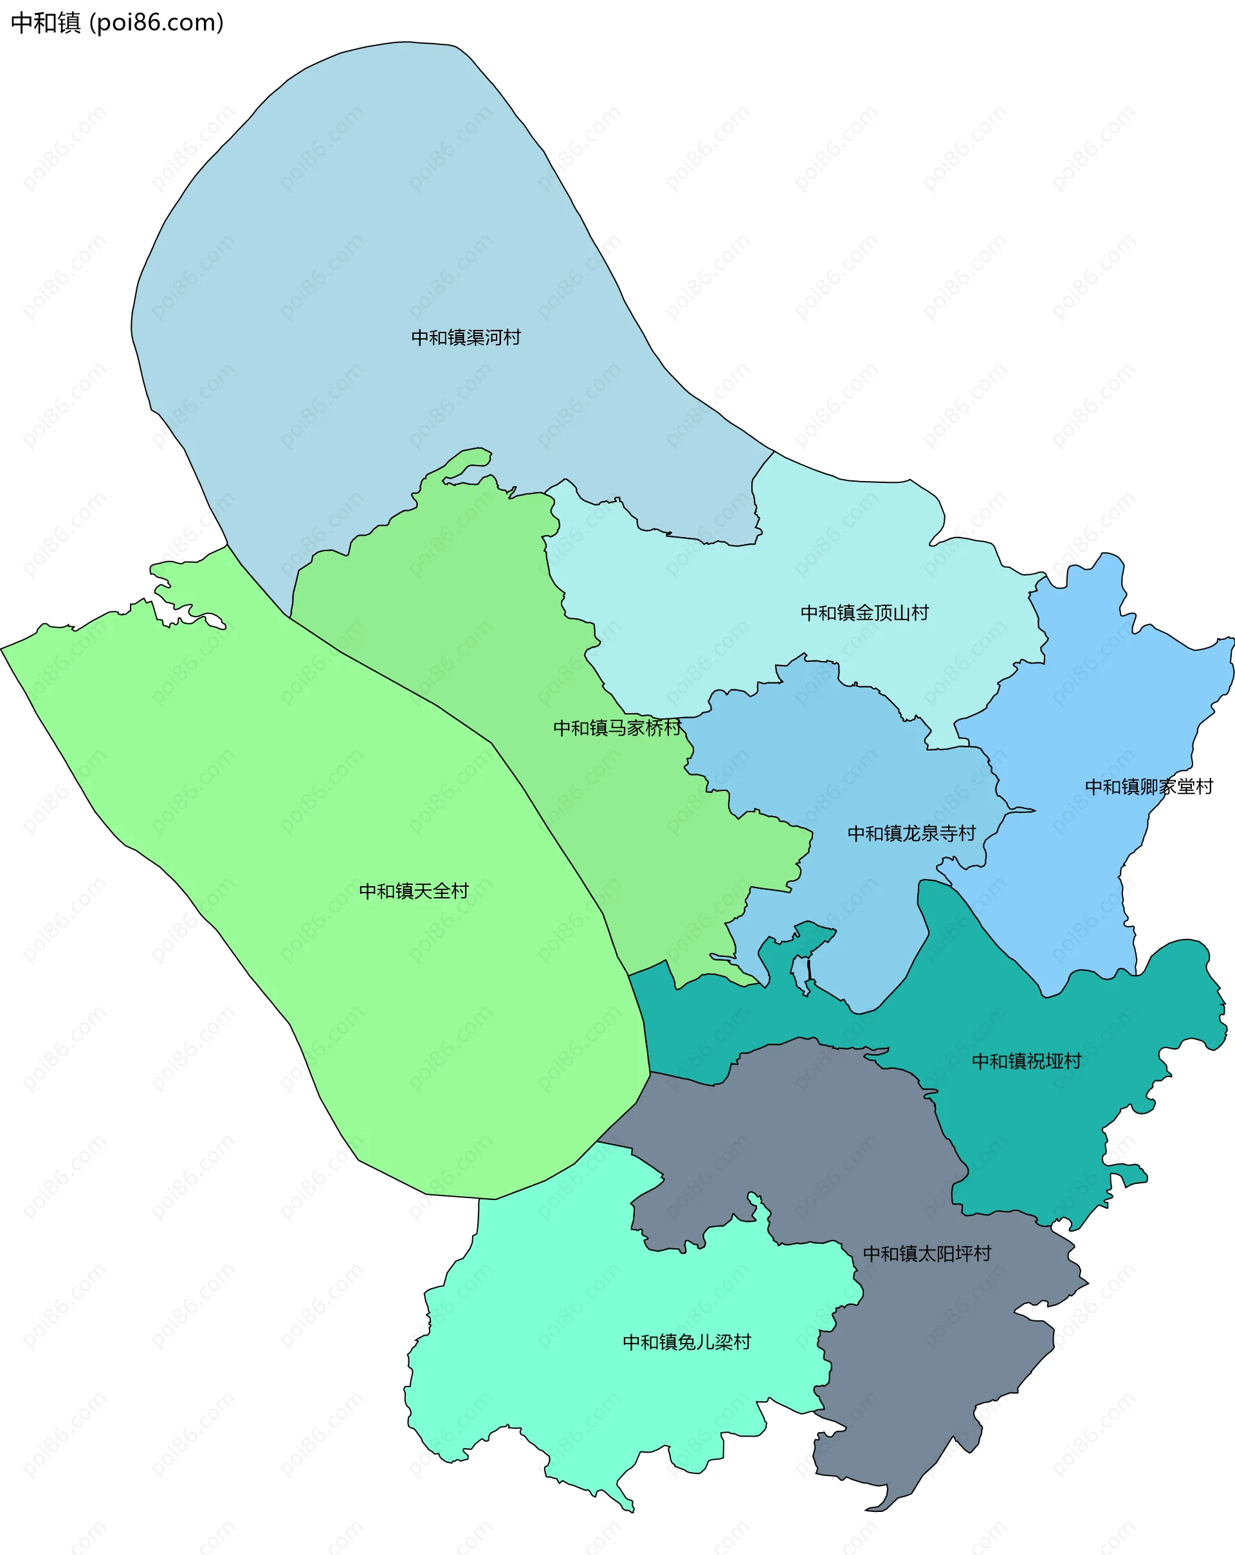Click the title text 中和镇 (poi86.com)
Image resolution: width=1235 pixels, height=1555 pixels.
coord(118,23)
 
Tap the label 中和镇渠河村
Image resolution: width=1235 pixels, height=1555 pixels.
coord(466,338)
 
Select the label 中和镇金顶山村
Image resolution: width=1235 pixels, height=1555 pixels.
coord(864,613)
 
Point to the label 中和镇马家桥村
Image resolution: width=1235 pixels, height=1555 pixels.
coord(617,728)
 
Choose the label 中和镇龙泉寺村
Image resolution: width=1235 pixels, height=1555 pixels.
coord(911,833)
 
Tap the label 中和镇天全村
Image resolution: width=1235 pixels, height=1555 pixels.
coord(414,891)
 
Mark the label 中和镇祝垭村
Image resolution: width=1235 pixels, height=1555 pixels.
coord(1027,1062)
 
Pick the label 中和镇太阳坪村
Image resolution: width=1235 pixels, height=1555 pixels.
coord(927,1254)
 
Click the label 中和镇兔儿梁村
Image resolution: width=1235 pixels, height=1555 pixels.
coord(687,1342)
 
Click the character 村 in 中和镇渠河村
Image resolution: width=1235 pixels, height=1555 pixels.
coord(512,338)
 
